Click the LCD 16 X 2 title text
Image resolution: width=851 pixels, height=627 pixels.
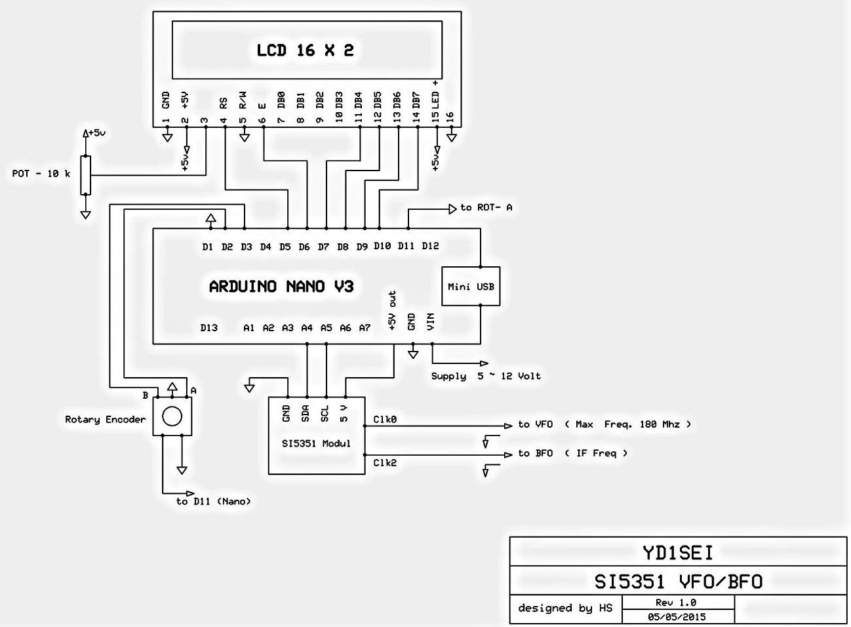coord(305,51)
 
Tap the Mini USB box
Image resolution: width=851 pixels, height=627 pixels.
coord(471,287)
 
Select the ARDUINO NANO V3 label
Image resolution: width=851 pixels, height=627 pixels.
coord(281,287)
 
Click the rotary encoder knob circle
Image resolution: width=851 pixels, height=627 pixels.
coord(172,416)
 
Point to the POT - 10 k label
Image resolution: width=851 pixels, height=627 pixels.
coord(41,174)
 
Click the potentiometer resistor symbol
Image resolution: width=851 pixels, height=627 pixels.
coord(85,175)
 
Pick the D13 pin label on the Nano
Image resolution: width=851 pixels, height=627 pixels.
coord(208,328)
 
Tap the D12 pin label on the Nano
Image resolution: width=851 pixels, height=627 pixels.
coord(430,246)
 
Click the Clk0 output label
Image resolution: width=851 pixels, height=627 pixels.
coord(385,419)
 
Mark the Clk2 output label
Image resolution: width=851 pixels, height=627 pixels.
coord(385,463)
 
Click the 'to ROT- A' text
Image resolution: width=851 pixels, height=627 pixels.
coord(486,207)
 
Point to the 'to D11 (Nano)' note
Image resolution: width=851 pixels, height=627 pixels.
coord(213,502)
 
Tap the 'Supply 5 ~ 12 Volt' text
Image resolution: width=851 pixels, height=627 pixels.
coord(486,376)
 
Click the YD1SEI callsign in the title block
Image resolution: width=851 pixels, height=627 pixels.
coord(677,552)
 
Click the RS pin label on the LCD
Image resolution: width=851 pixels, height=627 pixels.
coord(224,103)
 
